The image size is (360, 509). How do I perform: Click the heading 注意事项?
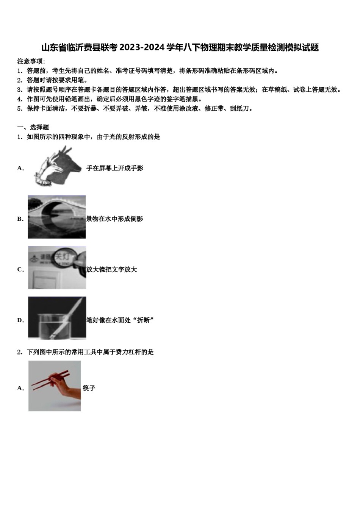[x=30, y=61]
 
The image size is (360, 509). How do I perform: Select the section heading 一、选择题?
[x=33, y=127]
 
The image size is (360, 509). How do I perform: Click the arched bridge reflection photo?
[x=56, y=217]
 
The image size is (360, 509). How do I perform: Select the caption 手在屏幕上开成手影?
[x=115, y=168]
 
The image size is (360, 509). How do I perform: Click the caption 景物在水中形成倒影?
[x=114, y=219]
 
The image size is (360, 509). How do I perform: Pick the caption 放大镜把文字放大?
[x=112, y=270]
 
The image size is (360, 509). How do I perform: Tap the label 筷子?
[x=89, y=388]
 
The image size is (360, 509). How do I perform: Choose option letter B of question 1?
[x=20, y=219]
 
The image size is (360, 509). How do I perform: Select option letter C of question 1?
[x=20, y=270]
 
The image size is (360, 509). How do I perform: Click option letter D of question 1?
[x=20, y=320]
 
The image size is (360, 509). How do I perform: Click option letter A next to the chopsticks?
[x=20, y=388]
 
